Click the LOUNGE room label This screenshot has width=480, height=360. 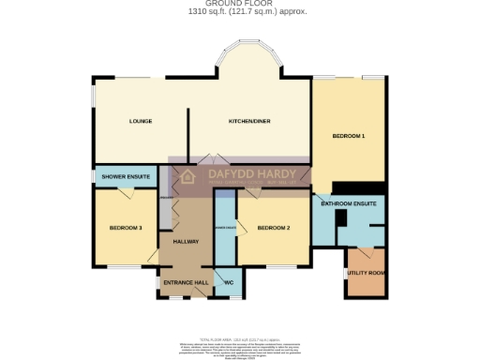[x=141, y=121]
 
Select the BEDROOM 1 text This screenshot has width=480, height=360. [x=349, y=137]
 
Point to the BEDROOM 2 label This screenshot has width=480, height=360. [x=274, y=228]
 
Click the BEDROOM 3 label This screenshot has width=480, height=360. [x=126, y=228]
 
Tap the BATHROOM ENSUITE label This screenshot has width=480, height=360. [x=349, y=202]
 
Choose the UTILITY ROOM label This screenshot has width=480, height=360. [x=366, y=273]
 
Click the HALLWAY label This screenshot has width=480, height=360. [x=187, y=241]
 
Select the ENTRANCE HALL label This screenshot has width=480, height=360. [x=185, y=282]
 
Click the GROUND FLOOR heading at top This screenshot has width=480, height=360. [x=240, y=4]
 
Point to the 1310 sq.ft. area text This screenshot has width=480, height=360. [x=240, y=11]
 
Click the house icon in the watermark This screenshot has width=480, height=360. [x=187, y=176]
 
